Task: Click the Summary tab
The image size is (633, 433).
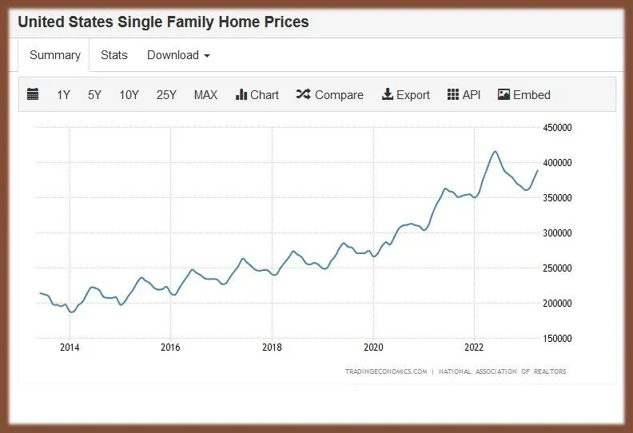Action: point(55,55)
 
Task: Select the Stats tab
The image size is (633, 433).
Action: point(113,55)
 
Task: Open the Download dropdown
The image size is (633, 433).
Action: point(178,55)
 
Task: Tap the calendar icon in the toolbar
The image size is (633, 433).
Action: point(33,94)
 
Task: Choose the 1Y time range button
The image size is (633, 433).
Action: point(64,94)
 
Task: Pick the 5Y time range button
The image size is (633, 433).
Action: point(94,94)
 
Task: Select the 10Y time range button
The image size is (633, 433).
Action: point(129,94)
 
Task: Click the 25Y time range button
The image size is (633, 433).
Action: point(166,94)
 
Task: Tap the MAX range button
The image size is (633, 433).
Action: point(205,94)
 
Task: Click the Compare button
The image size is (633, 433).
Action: point(329,94)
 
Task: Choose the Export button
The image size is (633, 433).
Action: point(405,94)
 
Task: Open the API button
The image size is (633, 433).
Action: point(464,94)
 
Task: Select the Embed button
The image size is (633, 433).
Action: point(524,94)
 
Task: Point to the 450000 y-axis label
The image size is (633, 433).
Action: point(557,127)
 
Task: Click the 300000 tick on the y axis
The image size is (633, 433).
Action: point(557,232)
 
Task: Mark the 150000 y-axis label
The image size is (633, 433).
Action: point(557,338)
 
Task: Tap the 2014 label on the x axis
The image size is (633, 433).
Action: point(70,348)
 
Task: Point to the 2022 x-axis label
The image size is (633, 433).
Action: point(475,348)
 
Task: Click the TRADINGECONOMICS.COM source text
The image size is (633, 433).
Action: point(385,371)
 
